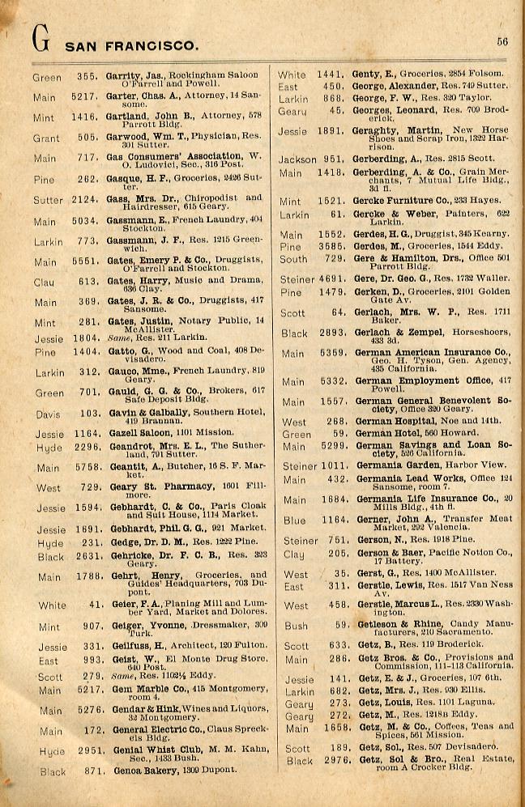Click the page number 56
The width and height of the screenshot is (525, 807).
click(502, 43)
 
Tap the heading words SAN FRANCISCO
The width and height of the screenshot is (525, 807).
click(130, 46)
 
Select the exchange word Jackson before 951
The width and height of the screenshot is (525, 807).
click(297, 159)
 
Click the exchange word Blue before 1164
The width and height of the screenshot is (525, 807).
click(295, 521)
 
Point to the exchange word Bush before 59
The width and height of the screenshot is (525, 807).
click(297, 626)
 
